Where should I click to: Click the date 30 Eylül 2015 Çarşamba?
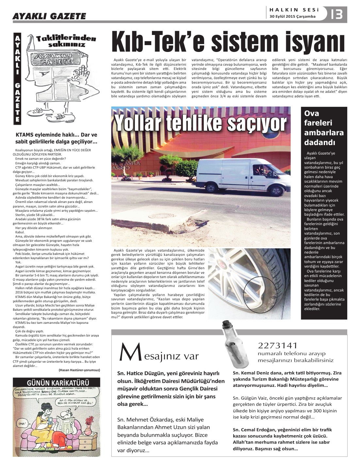coord(292,17)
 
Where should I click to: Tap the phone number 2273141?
coord(278,346)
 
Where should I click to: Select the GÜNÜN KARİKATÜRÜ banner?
coord(57,382)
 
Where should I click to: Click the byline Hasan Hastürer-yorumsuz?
coord(79,370)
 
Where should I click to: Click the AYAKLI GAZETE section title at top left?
coord(49,16)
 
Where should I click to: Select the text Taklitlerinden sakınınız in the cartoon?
coord(66,41)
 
